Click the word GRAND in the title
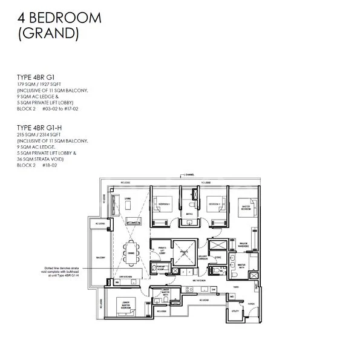50,33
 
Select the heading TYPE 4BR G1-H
42,128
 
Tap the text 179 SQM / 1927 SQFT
45,85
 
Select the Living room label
128,198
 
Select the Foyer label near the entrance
251,304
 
